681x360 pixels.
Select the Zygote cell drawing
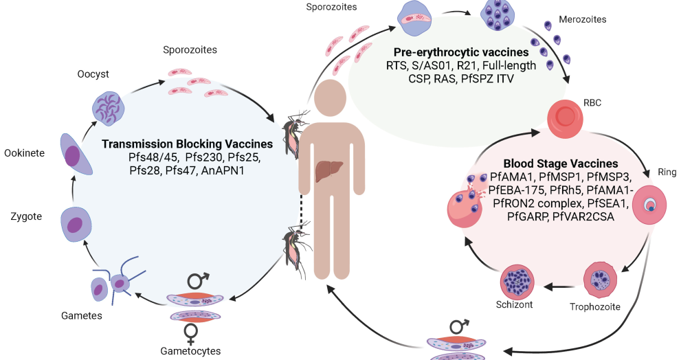point(76,224)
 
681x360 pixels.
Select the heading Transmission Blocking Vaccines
point(187,144)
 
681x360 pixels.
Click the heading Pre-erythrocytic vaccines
point(461,52)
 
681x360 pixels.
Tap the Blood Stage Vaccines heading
point(560,164)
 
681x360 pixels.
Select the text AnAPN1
point(226,170)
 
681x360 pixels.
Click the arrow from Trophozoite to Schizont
point(560,286)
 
